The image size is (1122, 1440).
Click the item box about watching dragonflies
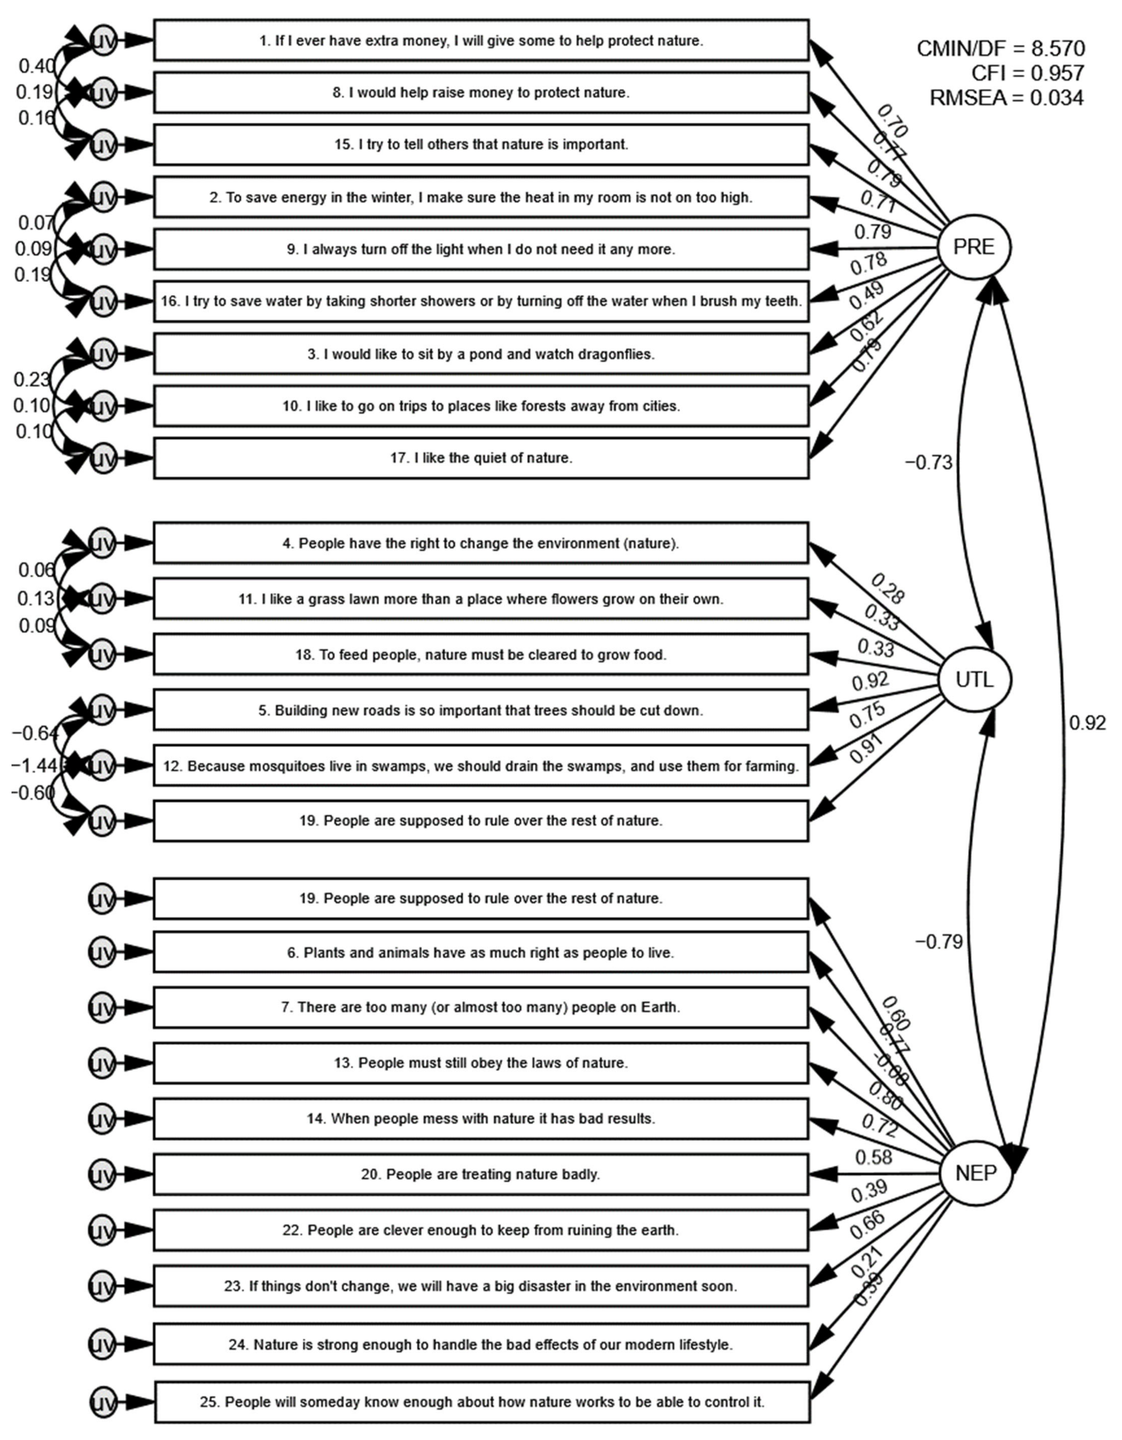[481, 354]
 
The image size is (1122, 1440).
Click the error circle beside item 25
[102, 1402]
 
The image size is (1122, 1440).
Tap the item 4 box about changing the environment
[481, 543]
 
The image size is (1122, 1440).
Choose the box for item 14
[481, 1119]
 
